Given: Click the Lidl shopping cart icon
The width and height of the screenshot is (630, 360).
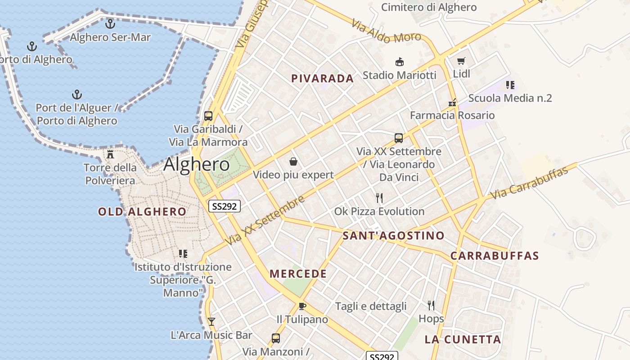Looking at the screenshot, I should click(x=461, y=61).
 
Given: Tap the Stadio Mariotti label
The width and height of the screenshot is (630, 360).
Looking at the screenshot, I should click(x=400, y=75).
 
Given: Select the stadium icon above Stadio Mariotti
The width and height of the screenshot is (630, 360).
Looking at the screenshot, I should click(x=399, y=62).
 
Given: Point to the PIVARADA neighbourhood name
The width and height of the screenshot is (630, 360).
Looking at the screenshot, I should click(x=322, y=79).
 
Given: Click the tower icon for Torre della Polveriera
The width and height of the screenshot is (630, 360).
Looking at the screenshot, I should click(x=110, y=154).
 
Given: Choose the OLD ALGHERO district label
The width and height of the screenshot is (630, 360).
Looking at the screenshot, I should click(x=142, y=212).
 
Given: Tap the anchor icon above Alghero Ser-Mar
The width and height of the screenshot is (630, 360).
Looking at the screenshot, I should click(x=110, y=23).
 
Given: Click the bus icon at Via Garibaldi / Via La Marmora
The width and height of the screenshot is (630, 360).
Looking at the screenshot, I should click(x=208, y=116).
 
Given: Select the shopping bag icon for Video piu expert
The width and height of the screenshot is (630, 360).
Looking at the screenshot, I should click(x=293, y=161).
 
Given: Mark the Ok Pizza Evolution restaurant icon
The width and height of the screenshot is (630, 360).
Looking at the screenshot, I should click(x=379, y=198).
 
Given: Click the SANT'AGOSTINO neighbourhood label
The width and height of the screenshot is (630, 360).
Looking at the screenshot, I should click(x=393, y=236).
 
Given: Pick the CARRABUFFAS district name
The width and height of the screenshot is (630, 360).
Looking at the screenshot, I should click(x=495, y=256).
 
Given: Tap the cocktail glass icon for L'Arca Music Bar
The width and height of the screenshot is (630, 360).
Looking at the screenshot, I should click(x=211, y=321).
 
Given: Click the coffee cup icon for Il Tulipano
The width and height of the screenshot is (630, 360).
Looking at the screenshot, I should click(x=302, y=306).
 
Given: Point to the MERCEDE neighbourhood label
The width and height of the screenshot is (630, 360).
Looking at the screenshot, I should click(x=298, y=274).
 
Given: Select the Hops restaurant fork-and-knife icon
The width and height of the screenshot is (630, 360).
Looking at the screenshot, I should click(x=431, y=306).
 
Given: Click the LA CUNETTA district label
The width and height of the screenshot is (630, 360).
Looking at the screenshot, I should click(x=463, y=340).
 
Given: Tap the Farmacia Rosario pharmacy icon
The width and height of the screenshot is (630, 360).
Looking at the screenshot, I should click(x=453, y=103).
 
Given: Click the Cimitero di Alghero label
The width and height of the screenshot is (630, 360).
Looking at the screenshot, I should click(x=428, y=7).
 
